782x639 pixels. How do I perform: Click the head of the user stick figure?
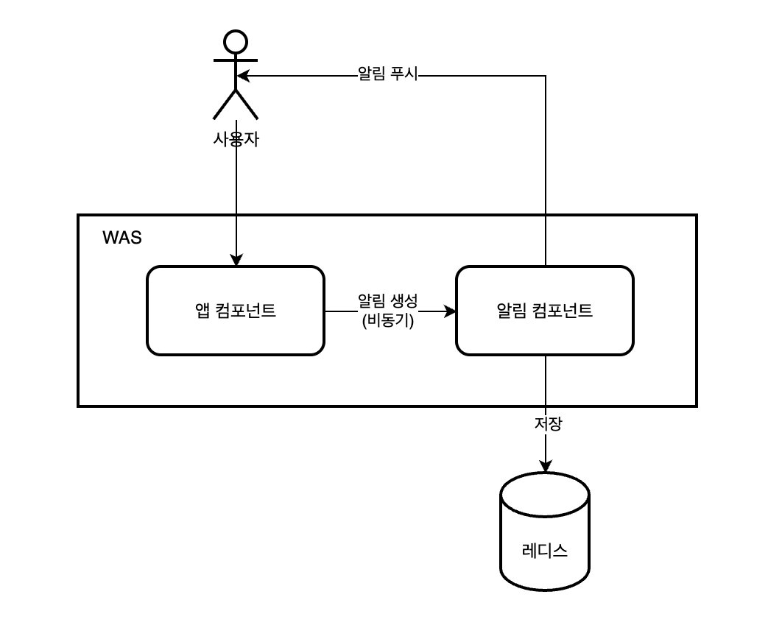pos(236,41)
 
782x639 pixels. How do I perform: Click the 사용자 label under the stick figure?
pos(236,139)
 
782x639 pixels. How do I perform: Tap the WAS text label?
pos(121,238)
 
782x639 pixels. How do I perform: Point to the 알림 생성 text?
pos(387,300)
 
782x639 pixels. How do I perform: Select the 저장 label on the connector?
pos(546,425)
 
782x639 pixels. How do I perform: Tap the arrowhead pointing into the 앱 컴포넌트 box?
pos(236,259)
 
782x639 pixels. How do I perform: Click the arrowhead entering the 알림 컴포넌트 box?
pos(449,311)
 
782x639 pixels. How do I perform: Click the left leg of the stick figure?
pos(224,105)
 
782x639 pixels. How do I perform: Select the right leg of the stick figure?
pos(247,105)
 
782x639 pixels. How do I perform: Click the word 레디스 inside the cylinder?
pos(545,550)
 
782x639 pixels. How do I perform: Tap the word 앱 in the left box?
pos(202,311)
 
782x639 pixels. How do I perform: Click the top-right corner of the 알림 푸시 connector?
pos(546,75)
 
